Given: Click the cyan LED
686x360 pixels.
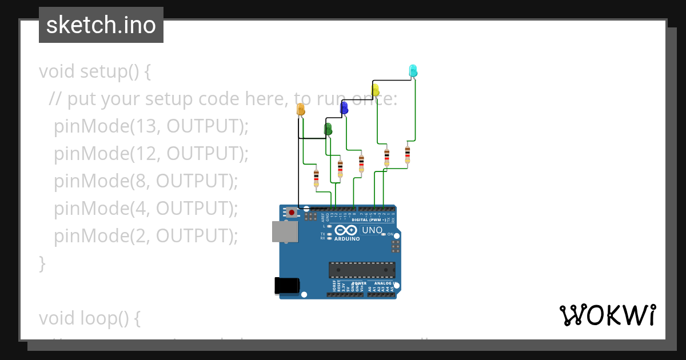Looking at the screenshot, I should coord(413,71).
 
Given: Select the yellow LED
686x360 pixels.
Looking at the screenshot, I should coord(376,90).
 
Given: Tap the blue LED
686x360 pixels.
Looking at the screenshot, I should coord(344,107).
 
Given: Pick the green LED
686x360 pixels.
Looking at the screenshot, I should coord(328,129).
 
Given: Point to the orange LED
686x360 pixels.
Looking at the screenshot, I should coord(301,110).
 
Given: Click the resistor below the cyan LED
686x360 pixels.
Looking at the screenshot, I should coord(408,154).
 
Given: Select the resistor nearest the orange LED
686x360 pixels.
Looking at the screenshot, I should coord(316,178).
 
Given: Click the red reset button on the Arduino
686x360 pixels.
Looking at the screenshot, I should coord(292,213).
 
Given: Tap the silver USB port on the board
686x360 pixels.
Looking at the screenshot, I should coord(285,231).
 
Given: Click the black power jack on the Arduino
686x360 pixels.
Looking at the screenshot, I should coord(287,285).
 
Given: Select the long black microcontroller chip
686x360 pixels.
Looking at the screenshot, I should coord(361,270).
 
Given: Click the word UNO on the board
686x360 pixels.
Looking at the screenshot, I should coord(372,230).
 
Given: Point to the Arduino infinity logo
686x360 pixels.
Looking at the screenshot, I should coord(350,230).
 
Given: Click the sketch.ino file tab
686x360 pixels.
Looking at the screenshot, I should coord(101,25).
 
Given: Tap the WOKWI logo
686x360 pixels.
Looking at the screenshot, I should coord(607,315).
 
